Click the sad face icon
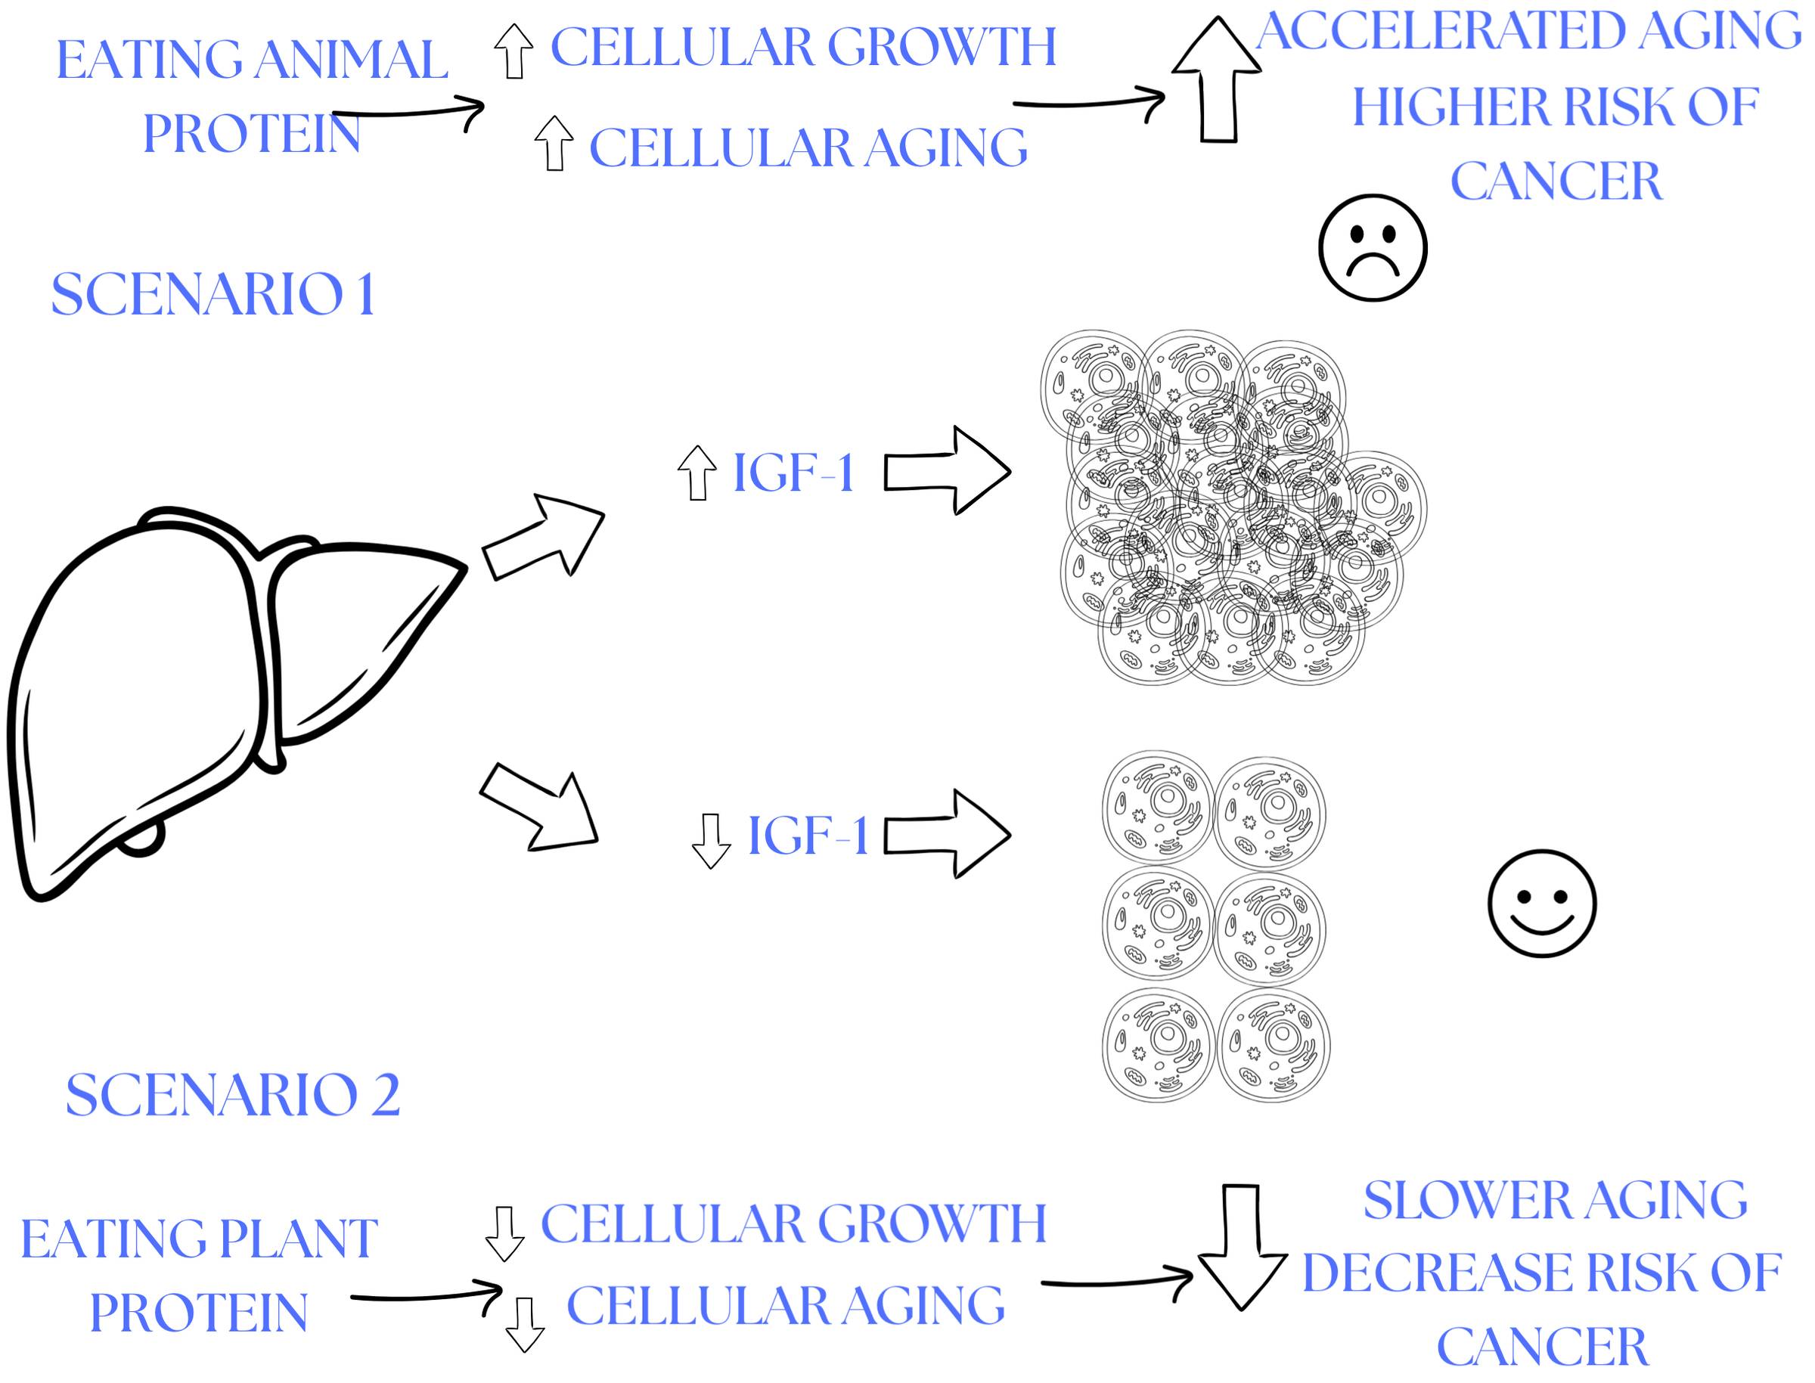click(1372, 247)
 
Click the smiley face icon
click(1542, 903)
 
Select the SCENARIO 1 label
click(213, 294)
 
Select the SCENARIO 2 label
click(233, 1095)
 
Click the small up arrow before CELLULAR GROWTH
click(513, 51)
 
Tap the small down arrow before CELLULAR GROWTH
click(504, 1233)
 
